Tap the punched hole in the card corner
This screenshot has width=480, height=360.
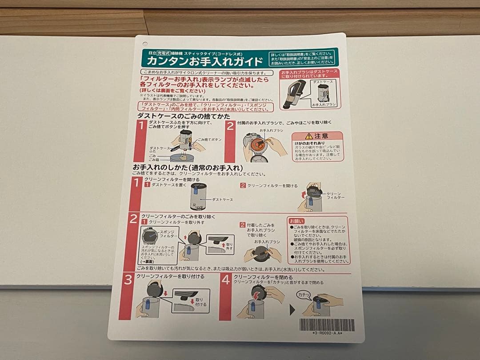point(145,44)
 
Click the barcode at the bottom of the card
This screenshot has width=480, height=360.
point(327,325)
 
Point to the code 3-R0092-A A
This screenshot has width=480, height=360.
point(328,333)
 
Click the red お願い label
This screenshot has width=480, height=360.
point(297,221)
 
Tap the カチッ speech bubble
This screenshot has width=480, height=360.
point(304,295)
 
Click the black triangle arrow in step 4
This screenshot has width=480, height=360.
point(292,310)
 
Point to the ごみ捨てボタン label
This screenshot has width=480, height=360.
point(209,140)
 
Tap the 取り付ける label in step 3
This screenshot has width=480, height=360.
point(201,302)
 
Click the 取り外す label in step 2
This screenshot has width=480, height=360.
point(229,247)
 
